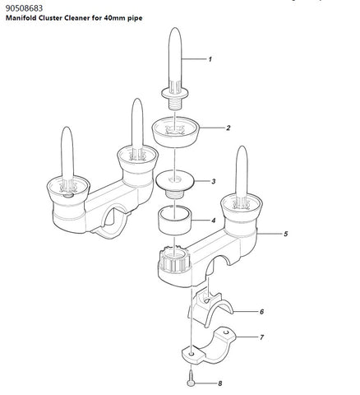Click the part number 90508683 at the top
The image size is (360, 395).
pyautogui.click(x=24, y=8)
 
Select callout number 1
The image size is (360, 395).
pyautogui.click(x=210, y=59)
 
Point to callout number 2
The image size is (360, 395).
pyautogui.click(x=228, y=128)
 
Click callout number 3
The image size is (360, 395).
pyautogui.click(x=214, y=181)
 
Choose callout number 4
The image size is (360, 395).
pyautogui.click(x=214, y=221)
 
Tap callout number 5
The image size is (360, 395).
pyautogui.click(x=286, y=234)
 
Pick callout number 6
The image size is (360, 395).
pyautogui.click(x=261, y=312)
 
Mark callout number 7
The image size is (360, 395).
pyautogui.click(x=261, y=337)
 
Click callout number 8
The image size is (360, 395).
pyautogui.click(x=220, y=383)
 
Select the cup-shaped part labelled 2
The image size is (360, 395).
pyautogui.click(x=175, y=132)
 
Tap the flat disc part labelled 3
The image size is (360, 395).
pyautogui.click(x=175, y=183)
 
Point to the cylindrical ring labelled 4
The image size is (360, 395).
pyautogui.click(x=174, y=221)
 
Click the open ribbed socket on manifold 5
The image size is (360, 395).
pyautogui.click(x=174, y=258)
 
